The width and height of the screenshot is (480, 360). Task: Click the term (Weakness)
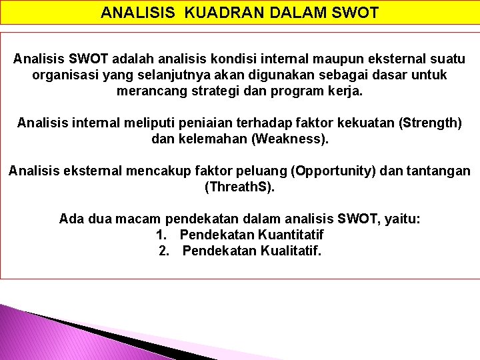(x=287, y=139)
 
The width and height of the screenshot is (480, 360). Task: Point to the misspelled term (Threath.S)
(x=239, y=187)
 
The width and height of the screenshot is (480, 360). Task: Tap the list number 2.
(x=163, y=251)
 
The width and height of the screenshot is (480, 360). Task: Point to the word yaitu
(x=402, y=219)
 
